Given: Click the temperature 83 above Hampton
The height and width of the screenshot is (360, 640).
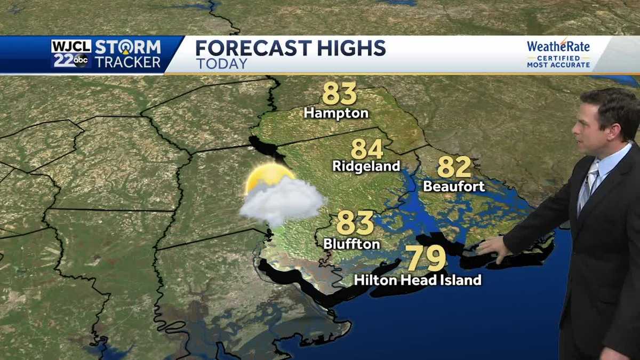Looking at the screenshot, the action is (x=339, y=93).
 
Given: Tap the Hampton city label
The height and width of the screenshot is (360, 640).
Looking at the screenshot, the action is (x=336, y=113).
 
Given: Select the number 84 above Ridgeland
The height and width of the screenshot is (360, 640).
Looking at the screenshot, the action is (x=367, y=149).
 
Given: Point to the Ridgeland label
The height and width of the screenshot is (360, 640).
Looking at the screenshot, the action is (x=366, y=166).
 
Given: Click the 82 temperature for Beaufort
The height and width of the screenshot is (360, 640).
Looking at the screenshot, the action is (x=454, y=167).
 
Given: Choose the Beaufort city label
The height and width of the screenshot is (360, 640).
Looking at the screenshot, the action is (x=454, y=186).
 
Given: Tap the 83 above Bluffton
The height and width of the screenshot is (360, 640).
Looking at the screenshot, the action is (x=355, y=223).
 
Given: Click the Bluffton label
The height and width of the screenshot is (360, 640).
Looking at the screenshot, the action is (x=351, y=244).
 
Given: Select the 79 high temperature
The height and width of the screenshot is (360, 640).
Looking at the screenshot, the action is (x=426, y=259).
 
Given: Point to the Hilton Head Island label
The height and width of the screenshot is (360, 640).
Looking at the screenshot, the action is (x=418, y=279).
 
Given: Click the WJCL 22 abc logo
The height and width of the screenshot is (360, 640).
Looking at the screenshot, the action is (x=71, y=54).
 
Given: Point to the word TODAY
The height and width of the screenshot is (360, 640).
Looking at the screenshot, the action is (x=222, y=63).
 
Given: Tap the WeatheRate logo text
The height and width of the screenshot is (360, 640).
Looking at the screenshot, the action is (x=558, y=46).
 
